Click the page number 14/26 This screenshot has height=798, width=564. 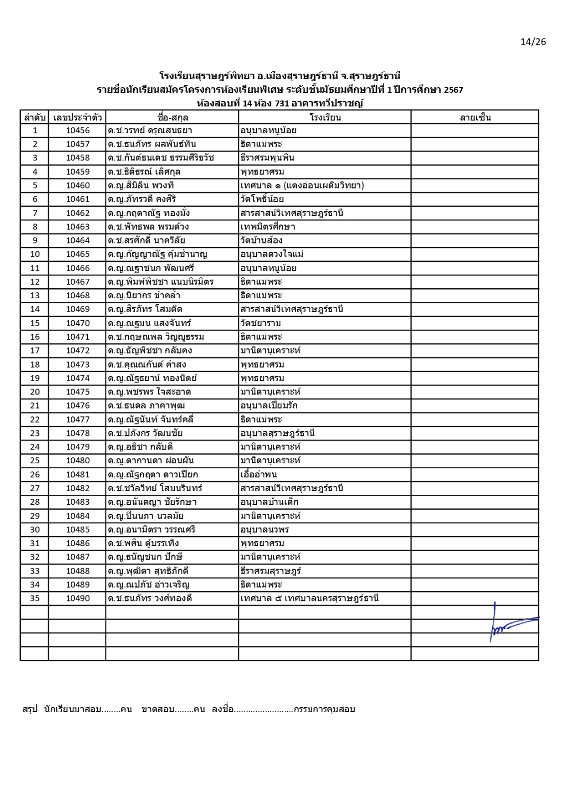(533, 42)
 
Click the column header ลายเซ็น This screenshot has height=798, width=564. (475, 118)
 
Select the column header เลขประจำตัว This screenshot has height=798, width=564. (77, 118)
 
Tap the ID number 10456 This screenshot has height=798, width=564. (78, 131)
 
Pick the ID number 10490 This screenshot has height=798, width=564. (78, 598)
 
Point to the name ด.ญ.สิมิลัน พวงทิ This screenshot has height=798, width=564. (141, 186)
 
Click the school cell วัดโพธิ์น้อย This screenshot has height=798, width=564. (262, 199)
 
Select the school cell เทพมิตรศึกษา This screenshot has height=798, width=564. (268, 227)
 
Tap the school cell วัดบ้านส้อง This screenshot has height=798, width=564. (261, 240)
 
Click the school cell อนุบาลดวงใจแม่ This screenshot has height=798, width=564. (272, 254)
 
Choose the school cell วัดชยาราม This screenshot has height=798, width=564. (260, 323)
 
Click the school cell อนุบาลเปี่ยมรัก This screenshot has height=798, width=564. (269, 405)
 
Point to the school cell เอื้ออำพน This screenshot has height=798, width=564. (258, 474)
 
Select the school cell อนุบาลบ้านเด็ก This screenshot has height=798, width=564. (269, 502)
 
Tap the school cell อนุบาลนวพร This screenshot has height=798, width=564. (264, 530)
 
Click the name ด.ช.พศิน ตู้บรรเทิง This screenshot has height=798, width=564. (143, 543)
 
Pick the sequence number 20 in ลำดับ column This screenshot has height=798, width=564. (35, 392)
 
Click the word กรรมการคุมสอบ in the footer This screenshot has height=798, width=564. (324, 709)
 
